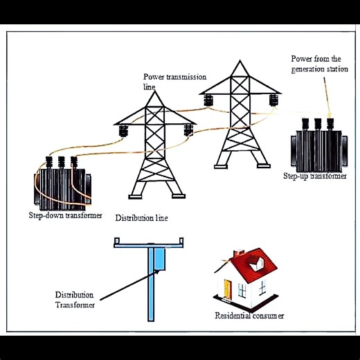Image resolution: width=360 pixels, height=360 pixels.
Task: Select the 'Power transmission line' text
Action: coord(174,80)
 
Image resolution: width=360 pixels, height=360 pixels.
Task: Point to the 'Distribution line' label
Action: coord(141,218)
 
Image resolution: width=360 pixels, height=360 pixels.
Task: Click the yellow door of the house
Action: coord(226,287)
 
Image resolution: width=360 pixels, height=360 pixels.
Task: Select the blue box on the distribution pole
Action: coord(161,258)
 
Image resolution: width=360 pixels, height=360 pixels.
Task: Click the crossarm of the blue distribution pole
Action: coord(149,242)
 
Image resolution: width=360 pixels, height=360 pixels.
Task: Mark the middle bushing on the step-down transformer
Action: coord(61,163)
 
